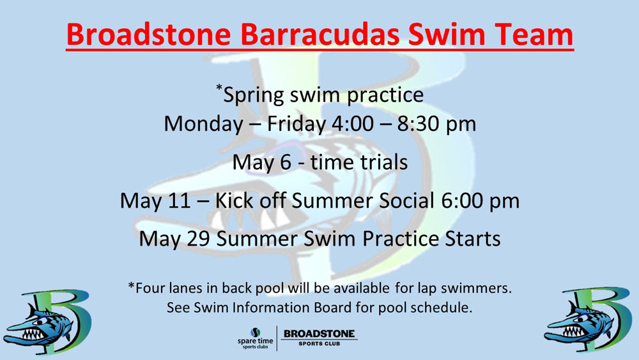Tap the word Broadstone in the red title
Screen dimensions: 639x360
[x=148, y=35]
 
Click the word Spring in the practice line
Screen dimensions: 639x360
[x=254, y=96]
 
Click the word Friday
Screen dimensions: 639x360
[x=296, y=125]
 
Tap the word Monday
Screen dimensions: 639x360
[x=203, y=125]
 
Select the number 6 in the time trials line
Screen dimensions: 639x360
[x=286, y=162]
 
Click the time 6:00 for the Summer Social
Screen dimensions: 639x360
[x=463, y=201]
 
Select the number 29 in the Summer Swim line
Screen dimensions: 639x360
[x=199, y=239]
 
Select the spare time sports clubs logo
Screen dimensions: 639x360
[x=256, y=338]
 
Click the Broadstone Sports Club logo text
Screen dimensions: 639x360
[x=319, y=337]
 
